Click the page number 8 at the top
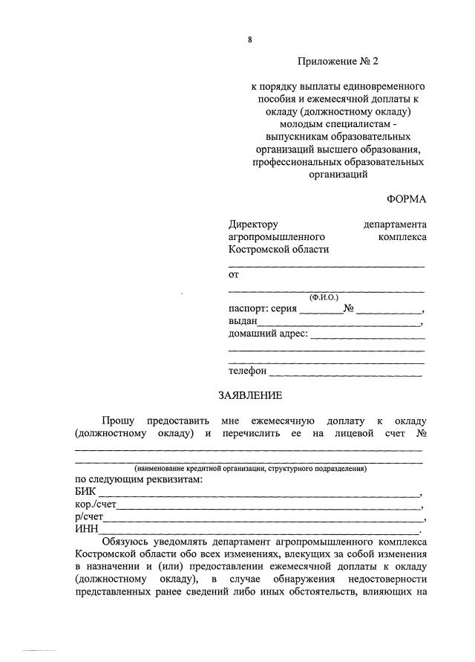[x=251, y=40]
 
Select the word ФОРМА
[x=406, y=199]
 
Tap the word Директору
[x=252, y=224]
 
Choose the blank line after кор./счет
[x=268, y=507]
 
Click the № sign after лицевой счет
[x=420, y=432]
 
